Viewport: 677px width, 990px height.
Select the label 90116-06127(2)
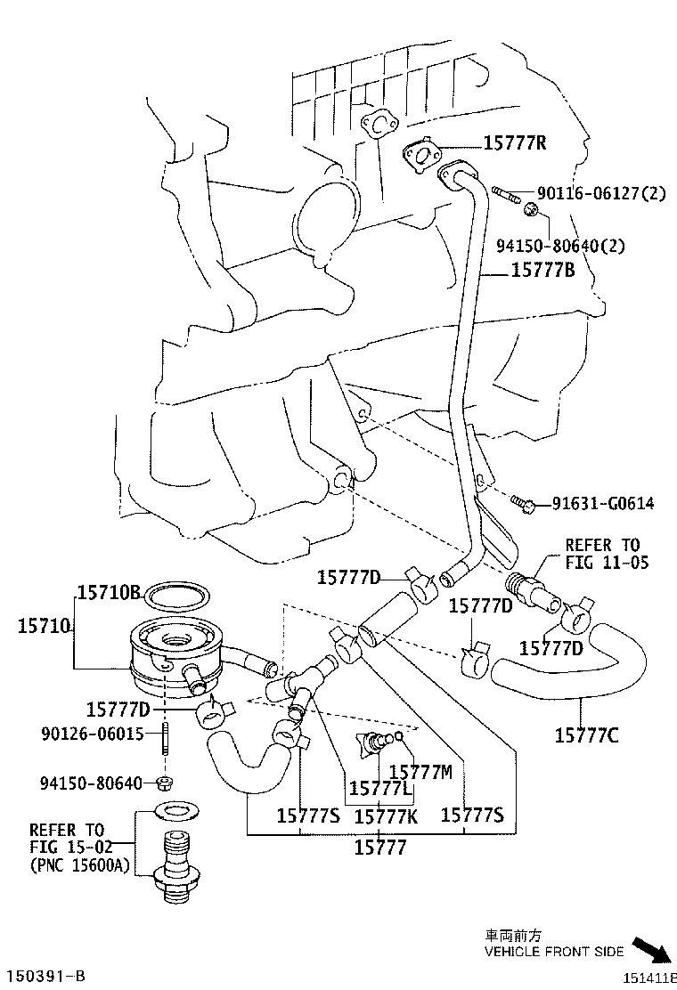[600, 193]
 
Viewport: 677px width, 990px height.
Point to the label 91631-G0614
[602, 504]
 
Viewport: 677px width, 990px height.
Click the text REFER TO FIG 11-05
[607, 553]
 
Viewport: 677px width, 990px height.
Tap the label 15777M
[422, 771]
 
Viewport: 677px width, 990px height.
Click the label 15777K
[386, 815]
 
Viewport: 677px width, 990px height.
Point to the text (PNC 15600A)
[78, 864]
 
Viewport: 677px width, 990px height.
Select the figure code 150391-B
[48, 977]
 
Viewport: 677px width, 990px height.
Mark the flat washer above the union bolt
[176, 810]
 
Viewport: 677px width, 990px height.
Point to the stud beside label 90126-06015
[166, 738]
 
